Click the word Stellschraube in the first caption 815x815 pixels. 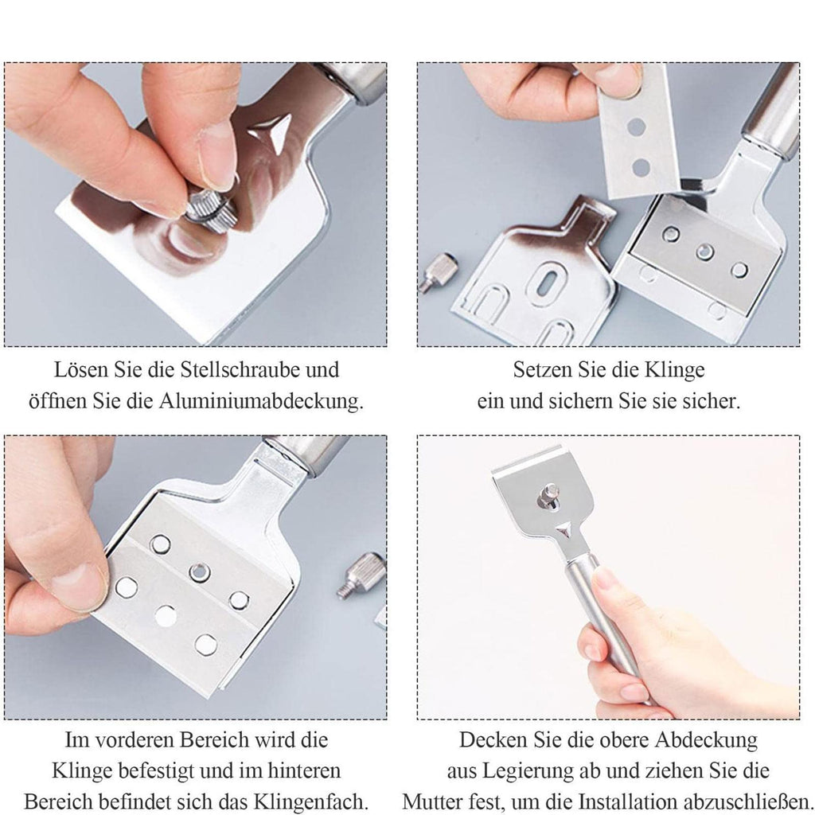point(240,370)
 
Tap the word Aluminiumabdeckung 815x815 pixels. point(261,401)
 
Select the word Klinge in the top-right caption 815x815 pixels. point(675,370)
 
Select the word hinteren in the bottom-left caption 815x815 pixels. point(304,770)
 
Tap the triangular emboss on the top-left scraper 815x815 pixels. point(271,131)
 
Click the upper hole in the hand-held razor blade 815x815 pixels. point(636,127)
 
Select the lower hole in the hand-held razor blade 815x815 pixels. point(641,167)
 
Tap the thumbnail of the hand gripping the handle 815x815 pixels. point(604,579)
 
